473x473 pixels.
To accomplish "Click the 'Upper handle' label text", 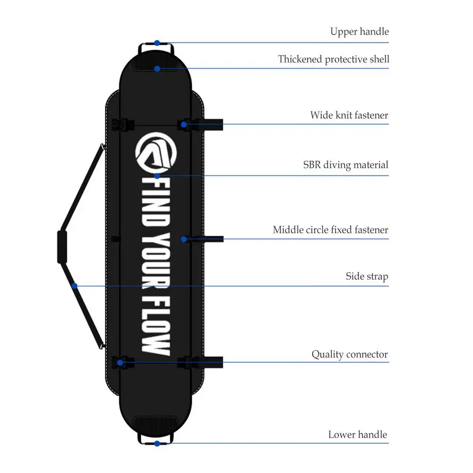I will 359,32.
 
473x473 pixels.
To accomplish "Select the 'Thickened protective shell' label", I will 333,60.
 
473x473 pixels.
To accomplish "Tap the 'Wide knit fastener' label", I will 349,115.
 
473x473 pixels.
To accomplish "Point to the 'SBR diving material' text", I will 345,165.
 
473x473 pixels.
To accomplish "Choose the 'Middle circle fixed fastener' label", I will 330,230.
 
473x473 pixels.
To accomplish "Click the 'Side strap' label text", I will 367,276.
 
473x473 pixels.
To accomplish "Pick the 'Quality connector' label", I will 349,354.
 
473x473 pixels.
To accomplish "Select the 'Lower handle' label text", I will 357,435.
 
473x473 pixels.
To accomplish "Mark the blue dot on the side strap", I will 74,285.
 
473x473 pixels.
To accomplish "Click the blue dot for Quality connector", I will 120,362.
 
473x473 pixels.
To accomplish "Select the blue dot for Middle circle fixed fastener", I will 184,240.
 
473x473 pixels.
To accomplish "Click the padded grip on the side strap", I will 62,247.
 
